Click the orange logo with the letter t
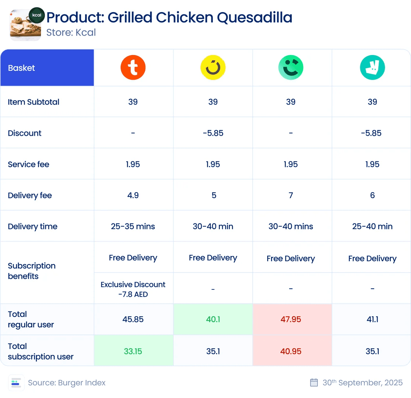[x=133, y=67]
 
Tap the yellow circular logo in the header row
[x=213, y=67]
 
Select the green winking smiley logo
[x=291, y=67]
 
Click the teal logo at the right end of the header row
[x=372, y=67]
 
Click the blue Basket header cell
[x=47, y=67]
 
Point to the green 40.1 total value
[x=213, y=319]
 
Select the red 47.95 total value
[x=291, y=319]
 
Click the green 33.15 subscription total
[x=133, y=351]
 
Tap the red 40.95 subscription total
[x=291, y=351]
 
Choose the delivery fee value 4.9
[x=133, y=195]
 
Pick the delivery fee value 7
[x=291, y=195]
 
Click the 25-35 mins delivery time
[x=133, y=226]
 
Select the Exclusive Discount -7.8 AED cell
[x=133, y=289]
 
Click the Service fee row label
[x=29, y=164]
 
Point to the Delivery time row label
[x=33, y=226]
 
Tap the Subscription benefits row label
[x=32, y=271]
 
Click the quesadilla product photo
[x=25, y=25]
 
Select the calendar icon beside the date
[x=314, y=383]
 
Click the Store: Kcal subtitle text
[x=71, y=33]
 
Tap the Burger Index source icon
[x=16, y=383]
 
